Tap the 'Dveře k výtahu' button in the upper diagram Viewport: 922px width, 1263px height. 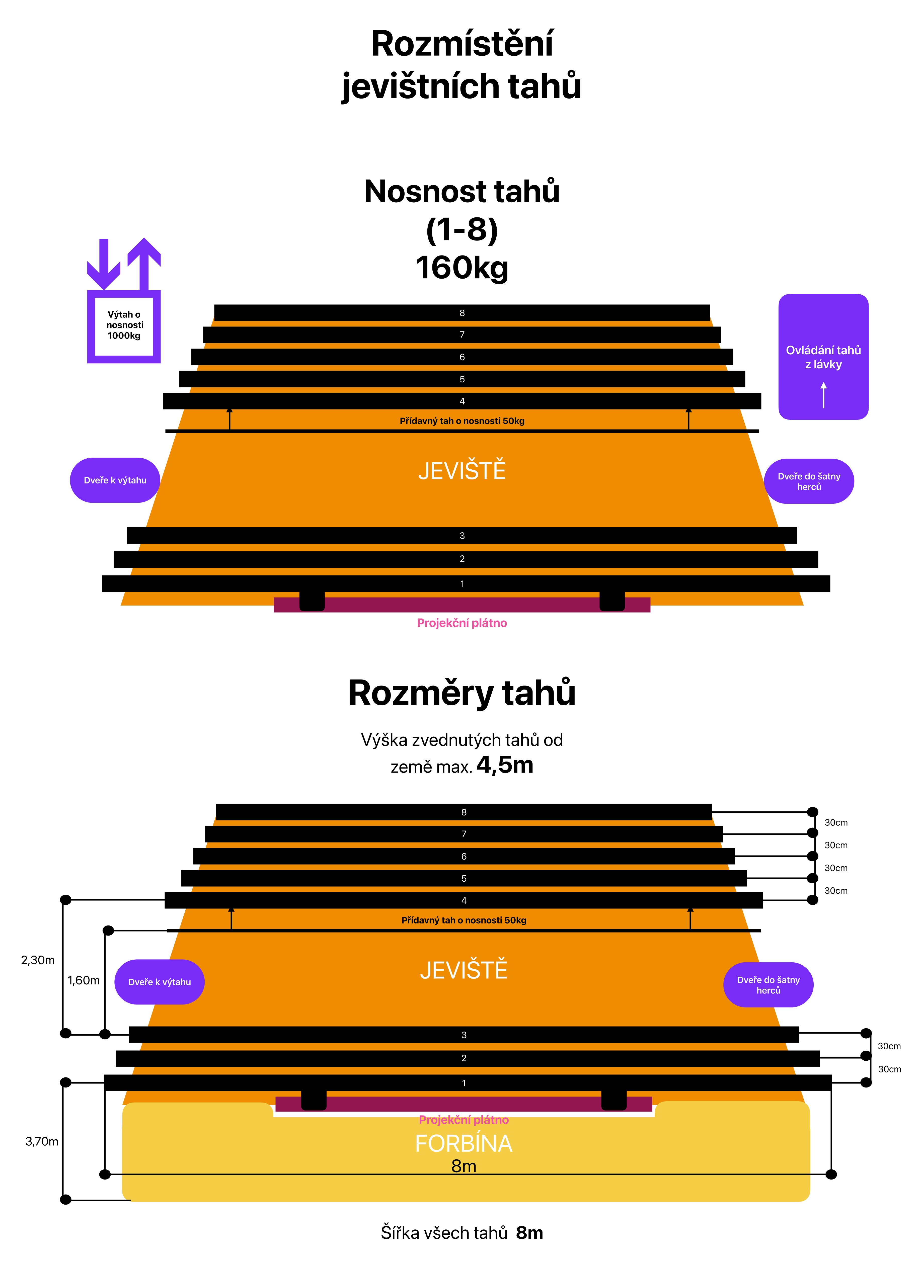point(115,480)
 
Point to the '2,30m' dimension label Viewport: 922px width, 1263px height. point(38,960)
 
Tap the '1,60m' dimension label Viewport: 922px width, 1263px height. point(84,980)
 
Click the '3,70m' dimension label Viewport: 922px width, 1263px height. point(42,1141)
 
